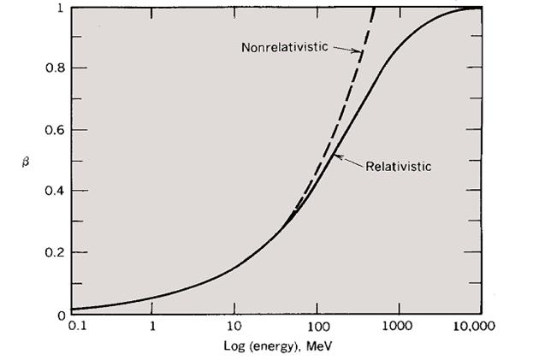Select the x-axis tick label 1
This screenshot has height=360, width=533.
152,326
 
